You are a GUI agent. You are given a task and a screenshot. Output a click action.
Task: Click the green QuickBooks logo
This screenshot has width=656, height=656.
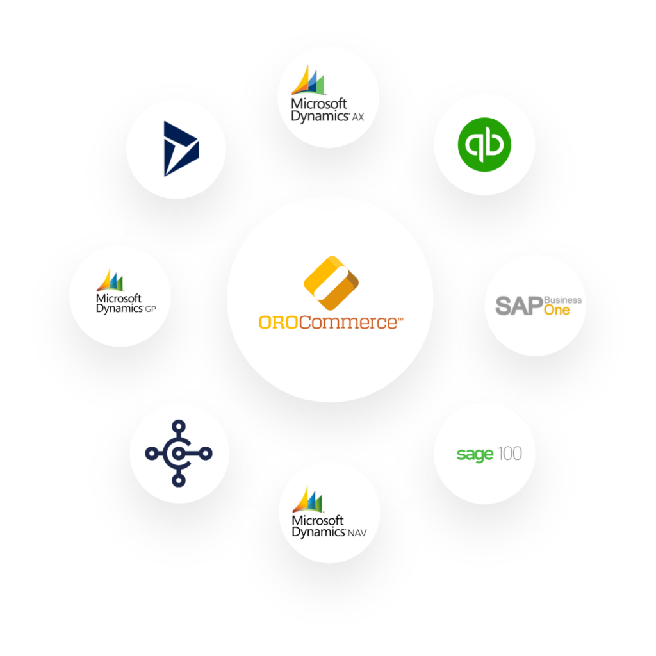tap(484, 144)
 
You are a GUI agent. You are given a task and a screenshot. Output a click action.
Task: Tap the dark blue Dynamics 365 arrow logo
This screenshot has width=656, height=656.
tap(181, 149)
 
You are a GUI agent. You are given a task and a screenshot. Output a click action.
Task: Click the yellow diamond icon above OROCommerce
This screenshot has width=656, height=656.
tap(331, 283)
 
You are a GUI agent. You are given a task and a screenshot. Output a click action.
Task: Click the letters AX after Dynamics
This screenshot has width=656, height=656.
tap(357, 117)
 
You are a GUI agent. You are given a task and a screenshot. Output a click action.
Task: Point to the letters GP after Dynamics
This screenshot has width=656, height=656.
tap(150, 309)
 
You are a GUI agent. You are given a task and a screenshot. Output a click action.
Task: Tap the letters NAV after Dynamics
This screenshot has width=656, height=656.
tap(357, 533)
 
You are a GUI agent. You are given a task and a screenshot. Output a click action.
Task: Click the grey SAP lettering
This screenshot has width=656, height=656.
tap(519, 306)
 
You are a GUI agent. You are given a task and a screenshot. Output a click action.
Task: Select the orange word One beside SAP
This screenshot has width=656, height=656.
tap(557, 310)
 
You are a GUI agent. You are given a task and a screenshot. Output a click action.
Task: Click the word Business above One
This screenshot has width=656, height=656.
tap(562, 300)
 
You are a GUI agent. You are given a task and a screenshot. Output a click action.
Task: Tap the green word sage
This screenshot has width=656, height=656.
tap(475, 454)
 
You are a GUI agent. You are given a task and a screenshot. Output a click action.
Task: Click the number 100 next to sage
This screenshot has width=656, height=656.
tap(509, 454)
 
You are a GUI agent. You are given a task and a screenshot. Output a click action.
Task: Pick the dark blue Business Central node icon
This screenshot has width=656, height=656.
tap(179, 453)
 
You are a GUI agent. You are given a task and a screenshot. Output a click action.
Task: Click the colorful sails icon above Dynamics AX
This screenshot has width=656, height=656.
tap(308, 80)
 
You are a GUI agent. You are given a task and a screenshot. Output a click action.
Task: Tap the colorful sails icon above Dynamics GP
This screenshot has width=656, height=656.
tap(110, 280)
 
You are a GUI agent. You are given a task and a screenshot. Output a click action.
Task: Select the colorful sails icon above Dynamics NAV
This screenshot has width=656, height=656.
tap(308, 499)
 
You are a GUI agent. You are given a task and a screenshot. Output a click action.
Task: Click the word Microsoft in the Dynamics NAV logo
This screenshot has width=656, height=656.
tap(318, 520)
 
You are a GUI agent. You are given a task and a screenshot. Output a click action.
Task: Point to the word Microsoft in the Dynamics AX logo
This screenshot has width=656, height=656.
tap(319, 103)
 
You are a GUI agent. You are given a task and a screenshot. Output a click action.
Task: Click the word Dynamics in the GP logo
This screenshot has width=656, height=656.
tap(120, 309)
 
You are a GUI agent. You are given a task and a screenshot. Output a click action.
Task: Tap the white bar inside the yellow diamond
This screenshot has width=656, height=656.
tap(331, 284)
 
